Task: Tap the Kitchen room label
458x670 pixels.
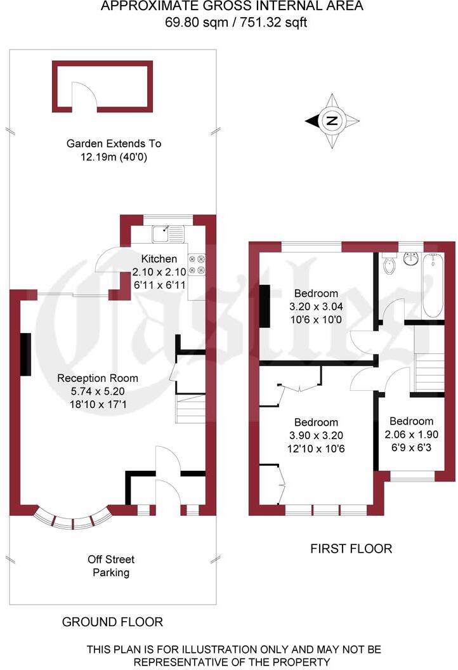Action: [x=159, y=259]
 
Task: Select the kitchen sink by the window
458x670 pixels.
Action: [x=167, y=234]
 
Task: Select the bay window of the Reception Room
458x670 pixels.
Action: [x=73, y=519]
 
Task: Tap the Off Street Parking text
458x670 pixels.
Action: [x=112, y=566]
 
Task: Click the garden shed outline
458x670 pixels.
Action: [x=102, y=87]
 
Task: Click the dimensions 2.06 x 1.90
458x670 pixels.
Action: [x=411, y=435]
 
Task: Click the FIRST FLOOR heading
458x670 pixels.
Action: [x=351, y=548]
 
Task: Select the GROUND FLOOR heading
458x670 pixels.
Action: [x=112, y=622]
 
